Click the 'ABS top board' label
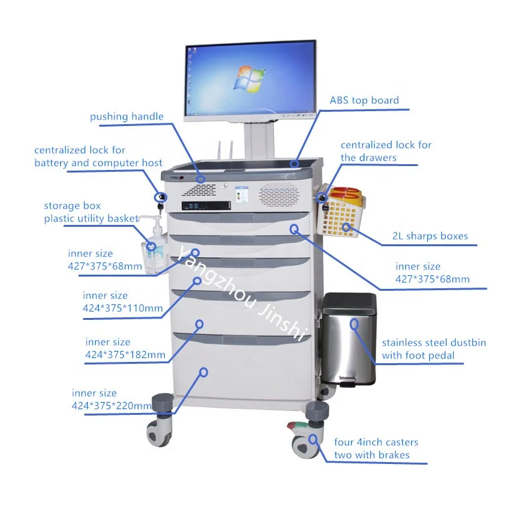364,101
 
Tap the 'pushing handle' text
127,117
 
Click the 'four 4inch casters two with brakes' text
375,448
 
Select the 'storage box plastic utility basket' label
91,212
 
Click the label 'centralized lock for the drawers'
386,151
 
